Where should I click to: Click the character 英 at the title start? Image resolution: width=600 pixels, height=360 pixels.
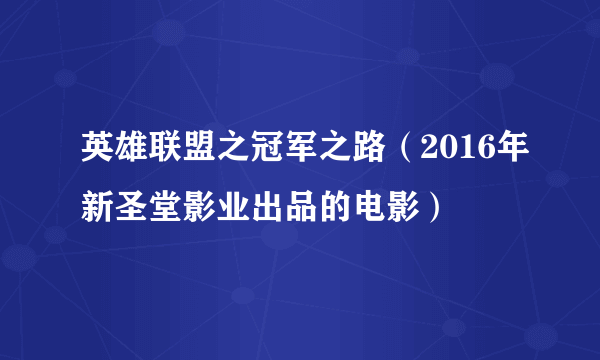tap(97, 152)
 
